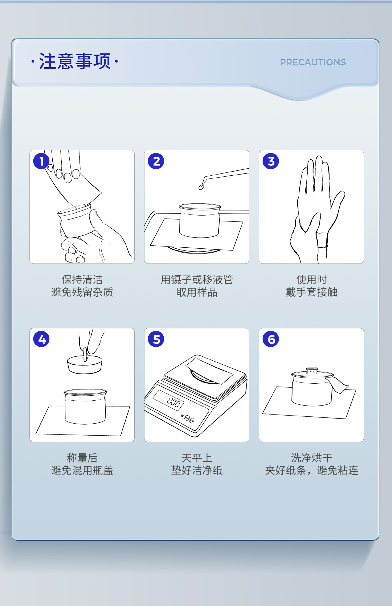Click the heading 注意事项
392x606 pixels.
point(75,61)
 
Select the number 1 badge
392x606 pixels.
point(41,161)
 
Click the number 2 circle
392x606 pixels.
point(156,161)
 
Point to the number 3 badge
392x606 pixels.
point(271,161)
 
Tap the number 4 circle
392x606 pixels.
point(41,339)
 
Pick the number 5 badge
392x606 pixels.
point(156,339)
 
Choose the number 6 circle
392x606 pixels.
point(271,339)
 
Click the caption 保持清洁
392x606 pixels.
point(82,280)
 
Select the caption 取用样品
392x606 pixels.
point(197,292)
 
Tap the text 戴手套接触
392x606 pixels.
point(311,292)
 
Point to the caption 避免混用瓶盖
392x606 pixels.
point(82,470)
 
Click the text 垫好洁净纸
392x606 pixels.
point(197,470)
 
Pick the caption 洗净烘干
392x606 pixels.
point(311,458)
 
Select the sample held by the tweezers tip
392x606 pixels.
point(201,187)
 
